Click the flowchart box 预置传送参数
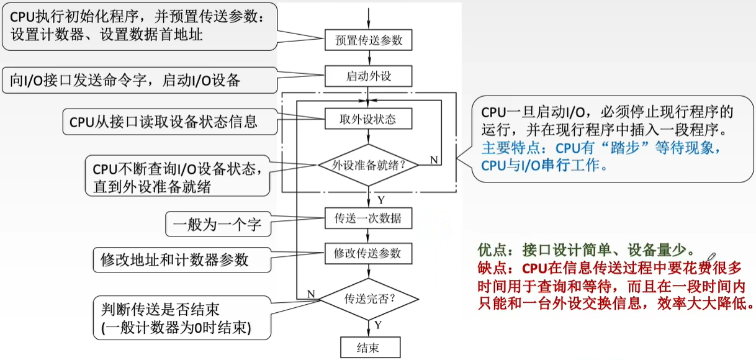[x=369, y=40]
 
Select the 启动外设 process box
[x=369, y=77]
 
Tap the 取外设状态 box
[x=369, y=119]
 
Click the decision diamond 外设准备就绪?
[x=369, y=165]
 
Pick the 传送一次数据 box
[x=369, y=218]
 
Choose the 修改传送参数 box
[x=369, y=253]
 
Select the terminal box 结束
[x=369, y=348]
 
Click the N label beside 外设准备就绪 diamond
[x=434, y=160]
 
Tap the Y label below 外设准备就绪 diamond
[x=380, y=200]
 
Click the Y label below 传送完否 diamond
[x=378, y=325]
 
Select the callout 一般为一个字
[x=217, y=223]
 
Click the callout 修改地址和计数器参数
[x=174, y=259]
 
